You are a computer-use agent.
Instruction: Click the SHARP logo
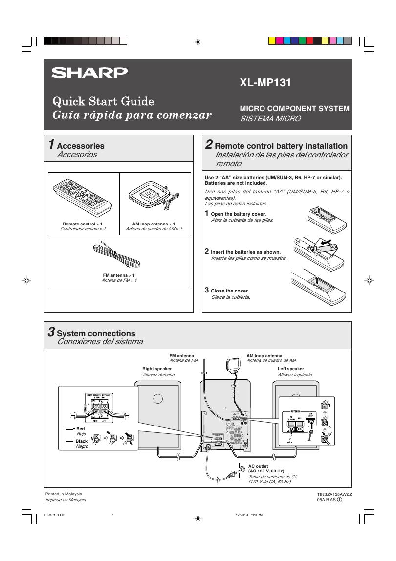click(x=90, y=73)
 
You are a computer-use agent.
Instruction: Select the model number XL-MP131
click(x=265, y=83)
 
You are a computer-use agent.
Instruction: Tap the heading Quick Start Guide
click(x=103, y=102)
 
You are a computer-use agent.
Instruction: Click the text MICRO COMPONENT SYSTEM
click(x=294, y=109)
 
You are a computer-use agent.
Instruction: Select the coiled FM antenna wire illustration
click(x=117, y=255)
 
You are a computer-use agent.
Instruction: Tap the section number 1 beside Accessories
click(x=51, y=145)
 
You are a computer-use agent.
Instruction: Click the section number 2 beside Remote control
click(x=209, y=145)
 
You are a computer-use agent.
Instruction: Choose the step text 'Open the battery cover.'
click(x=238, y=214)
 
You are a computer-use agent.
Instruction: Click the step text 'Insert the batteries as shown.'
click(x=245, y=252)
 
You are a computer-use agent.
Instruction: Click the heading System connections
click(x=96, y=334)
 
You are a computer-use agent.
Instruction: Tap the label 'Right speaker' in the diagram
click(x=157, y=369)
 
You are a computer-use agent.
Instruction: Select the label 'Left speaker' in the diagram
click(x=291, y=369)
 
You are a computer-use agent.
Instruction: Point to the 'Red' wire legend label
click(x=81, y=428)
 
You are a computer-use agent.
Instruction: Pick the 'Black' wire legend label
click(x=82, y=441)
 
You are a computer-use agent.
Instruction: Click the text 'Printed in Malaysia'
click(x=64, y=494)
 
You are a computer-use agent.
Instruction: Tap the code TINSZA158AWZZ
click(x=334, y=494)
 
